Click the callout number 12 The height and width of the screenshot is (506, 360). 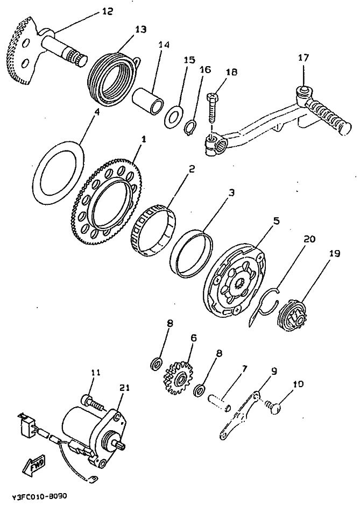coord(107,11)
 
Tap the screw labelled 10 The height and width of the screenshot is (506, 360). coord(274,408)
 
